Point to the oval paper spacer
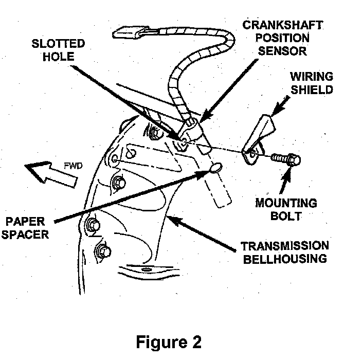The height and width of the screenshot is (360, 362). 216,168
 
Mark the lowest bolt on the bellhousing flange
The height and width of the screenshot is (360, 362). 101,251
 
